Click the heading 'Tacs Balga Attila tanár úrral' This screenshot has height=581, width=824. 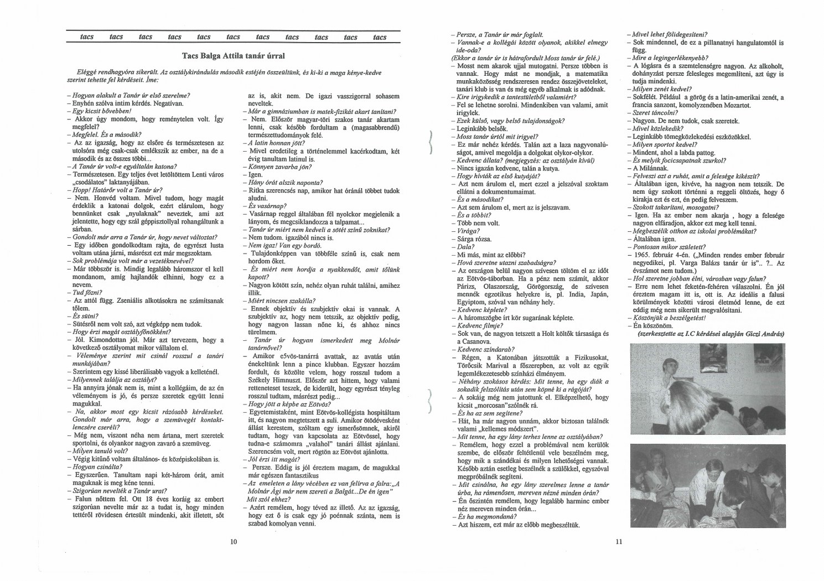(233, 56)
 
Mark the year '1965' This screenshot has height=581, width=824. (644, 255)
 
